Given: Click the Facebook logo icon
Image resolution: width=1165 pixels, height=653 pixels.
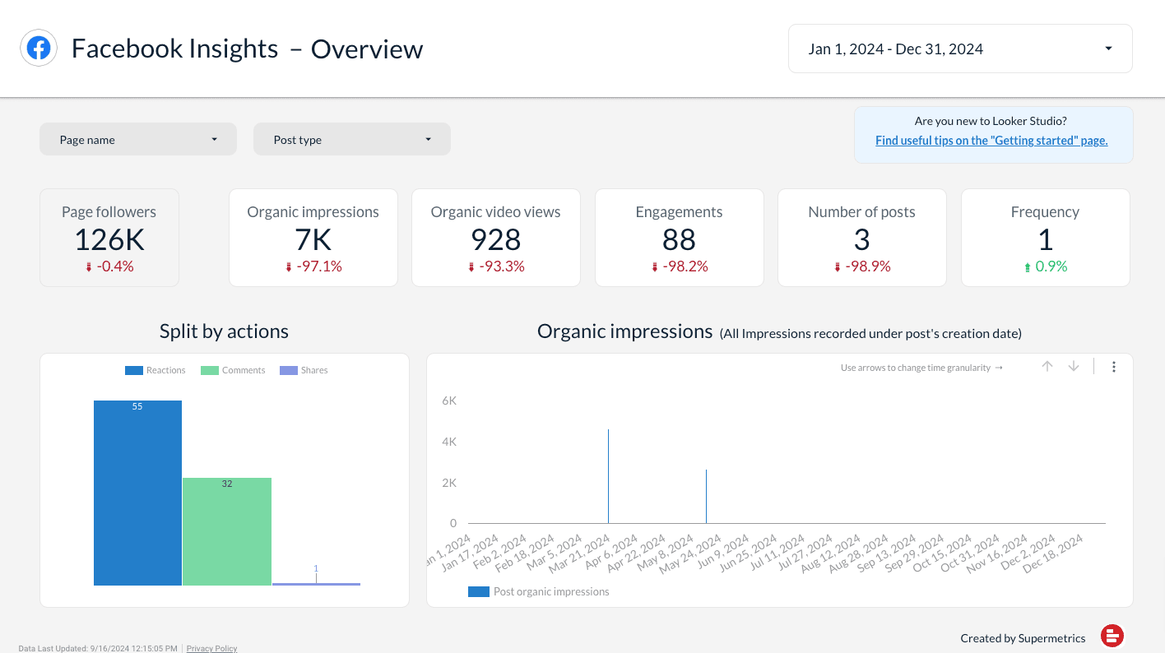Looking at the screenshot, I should coord(39,49).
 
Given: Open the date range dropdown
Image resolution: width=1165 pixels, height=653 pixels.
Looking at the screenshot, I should coord(959,49).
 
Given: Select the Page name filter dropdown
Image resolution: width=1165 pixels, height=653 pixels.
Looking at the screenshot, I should coord(137,140).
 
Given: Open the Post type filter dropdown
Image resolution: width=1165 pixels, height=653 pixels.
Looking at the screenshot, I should coord(351,140).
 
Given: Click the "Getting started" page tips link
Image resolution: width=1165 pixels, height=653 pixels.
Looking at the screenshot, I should coord(991,141).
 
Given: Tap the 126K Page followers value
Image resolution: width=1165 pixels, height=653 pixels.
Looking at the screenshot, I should coord(109,239).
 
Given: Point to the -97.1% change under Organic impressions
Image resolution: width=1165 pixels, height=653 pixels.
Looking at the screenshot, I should coord(313,266).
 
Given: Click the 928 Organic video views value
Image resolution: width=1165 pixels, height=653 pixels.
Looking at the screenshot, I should coord(495,239).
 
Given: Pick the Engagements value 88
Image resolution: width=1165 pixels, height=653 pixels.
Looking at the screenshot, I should coord(679,239).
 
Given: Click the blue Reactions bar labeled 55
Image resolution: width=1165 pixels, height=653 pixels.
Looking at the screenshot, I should coord(137,493).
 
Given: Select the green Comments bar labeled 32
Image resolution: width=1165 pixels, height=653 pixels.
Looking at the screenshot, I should coord(227,531).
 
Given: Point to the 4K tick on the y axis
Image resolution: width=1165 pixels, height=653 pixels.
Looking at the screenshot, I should coord(449,442).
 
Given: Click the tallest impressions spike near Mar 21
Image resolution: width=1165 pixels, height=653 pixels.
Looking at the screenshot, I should coord(608,477).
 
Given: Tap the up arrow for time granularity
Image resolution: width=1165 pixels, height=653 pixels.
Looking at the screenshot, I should coord(1047,367).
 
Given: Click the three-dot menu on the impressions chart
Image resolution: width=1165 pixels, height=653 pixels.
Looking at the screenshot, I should coord(1114,367).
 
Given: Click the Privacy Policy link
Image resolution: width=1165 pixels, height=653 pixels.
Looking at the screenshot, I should coord(211,648).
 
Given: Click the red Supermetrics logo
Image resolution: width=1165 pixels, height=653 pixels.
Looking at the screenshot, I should coord(1112,636).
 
